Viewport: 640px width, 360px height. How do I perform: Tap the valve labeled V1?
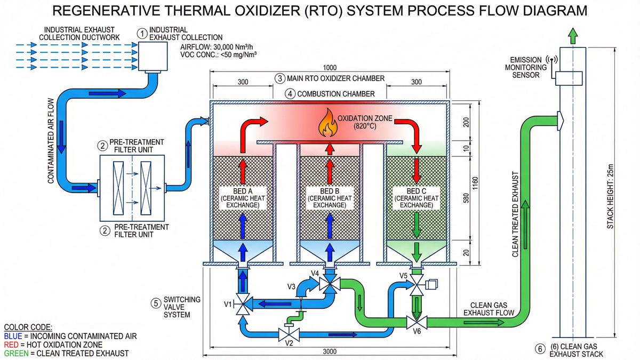pos(244,305)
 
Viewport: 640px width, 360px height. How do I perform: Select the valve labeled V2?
pos(289,335)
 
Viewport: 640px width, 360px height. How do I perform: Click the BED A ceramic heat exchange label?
pos(244,197)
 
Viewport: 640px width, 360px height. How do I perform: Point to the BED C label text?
pos(415,190)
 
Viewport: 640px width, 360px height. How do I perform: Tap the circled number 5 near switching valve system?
pos(156,303)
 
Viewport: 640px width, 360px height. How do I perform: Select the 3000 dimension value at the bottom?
pos(329,353)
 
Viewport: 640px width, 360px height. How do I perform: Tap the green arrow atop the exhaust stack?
pos(572,36)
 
